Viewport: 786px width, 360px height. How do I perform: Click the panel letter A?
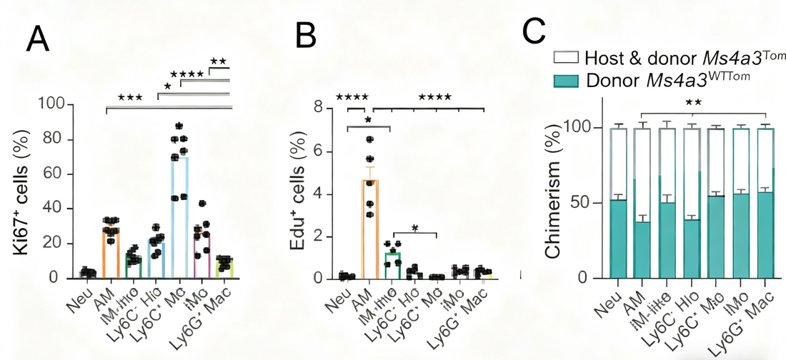(38, 39)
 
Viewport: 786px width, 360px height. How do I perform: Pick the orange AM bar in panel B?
(370, 229)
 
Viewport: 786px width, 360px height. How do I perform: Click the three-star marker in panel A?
(131, 97)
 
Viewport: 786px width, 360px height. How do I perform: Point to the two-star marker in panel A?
(219, 61)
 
